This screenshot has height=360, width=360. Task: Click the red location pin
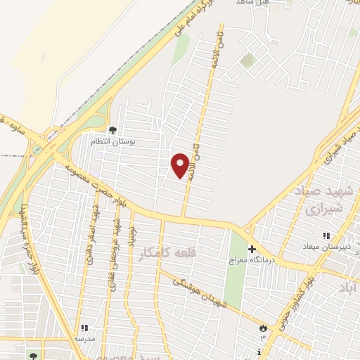pyautogui.click(x=181, y=165)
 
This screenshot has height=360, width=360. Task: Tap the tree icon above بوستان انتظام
pyautogui.click(x=112, y=129)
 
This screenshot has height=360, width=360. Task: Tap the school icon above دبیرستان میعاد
pyautogui.click(x=325, y=236)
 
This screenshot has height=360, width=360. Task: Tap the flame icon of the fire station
pyautogui.click(x=263, y=328)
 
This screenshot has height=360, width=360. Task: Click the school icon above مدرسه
pyautogui.click(x=84, y=328)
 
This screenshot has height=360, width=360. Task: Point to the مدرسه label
pyautogui.click(x=84, y=338)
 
